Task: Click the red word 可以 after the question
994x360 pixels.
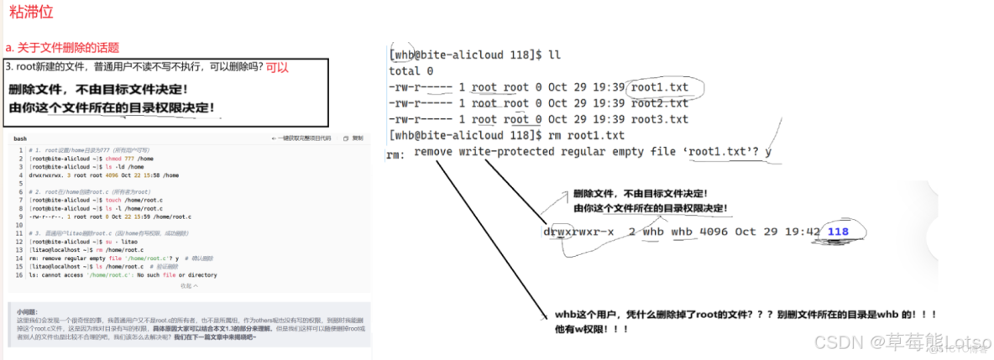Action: click(277, 66)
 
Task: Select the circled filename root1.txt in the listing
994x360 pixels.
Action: click(660, 86)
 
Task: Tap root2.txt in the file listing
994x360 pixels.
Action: click(660, 103)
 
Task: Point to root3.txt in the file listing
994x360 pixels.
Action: click(660, 119)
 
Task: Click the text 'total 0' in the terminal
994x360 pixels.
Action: click(411, 71)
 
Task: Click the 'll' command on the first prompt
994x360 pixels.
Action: click(553, 55)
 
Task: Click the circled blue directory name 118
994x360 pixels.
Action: click(838, 232)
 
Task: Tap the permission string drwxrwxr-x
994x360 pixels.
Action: click(578, 232)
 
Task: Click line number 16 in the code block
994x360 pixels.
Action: click(18, 274)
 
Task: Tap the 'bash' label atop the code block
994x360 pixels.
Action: click(20, 138)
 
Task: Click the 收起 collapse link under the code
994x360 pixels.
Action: click(188, 285)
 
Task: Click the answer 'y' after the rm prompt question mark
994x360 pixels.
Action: click(767, 152)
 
